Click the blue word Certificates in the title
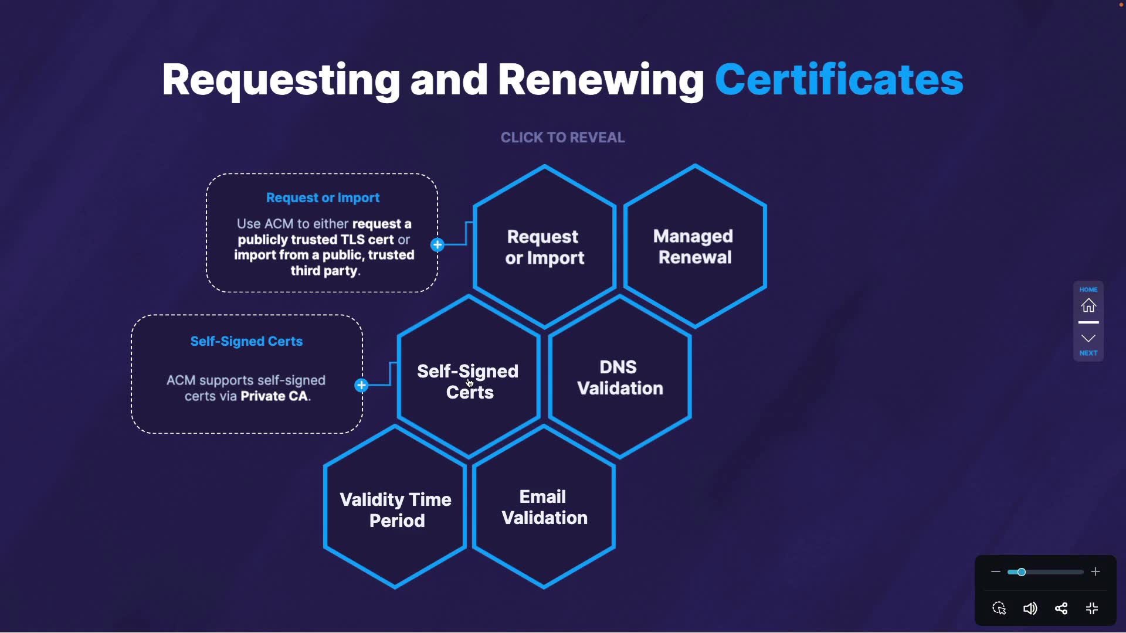(839, 80)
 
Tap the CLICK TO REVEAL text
(562, 138)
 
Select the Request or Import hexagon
(544, 247)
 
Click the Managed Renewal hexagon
(695, 246)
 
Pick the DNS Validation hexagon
(620, 377)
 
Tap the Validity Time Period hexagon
(395, 509)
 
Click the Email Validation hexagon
(544, 507)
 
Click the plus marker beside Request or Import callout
(437, 245)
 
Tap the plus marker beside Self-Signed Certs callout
(361, 385)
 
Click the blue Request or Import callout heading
(323, 198)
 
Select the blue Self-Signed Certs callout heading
(246, 342)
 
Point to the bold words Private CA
(274, 396)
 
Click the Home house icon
(1088, 305)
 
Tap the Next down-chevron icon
(1088, 339)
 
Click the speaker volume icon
(1030, 608)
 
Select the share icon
(1061, 608)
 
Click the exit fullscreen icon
(1092, 608)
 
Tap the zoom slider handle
(1021, 572)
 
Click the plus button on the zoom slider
(1095, 572)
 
